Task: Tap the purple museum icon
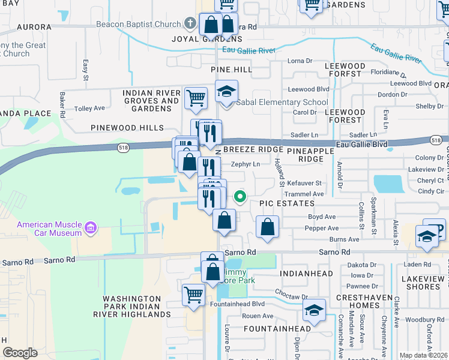tap(91, 228)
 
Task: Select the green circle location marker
tap(240, 196)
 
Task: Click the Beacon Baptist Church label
tap(138, 25)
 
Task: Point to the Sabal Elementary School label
tap(282, 103)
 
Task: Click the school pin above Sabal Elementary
tap(227, 92)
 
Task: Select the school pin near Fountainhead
tap(314, 311)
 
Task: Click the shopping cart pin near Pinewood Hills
tap(196, 98)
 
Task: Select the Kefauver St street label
tap(304, 183)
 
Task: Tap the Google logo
tap(20, 353)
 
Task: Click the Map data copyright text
tap(424, 355)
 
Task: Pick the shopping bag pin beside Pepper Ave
tap(267, 227)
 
